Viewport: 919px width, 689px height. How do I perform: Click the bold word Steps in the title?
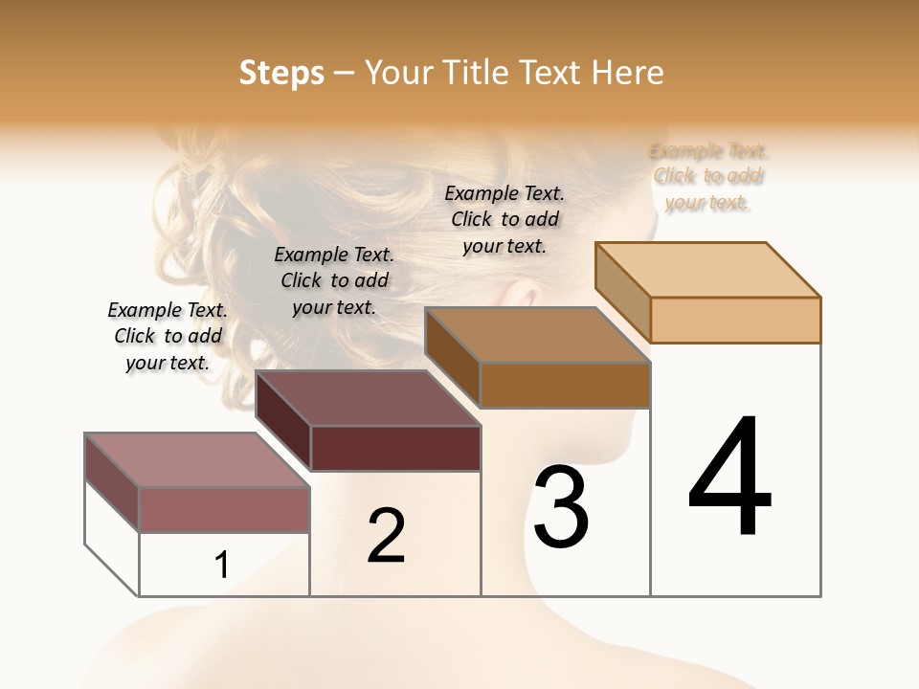point(281,73)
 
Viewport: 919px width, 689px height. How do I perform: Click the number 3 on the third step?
point(561,507)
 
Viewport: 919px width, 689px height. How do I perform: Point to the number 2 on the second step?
point(387,536)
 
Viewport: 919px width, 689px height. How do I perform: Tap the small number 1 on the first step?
point(222,566)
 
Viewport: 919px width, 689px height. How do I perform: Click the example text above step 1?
point(168,337)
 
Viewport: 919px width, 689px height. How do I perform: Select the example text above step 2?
point(334,281)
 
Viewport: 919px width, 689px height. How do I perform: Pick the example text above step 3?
point(504,220)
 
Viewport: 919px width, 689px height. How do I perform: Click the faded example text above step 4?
point(708,177)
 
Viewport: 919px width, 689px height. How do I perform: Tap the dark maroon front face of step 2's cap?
point(395,449)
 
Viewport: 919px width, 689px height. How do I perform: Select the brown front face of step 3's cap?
point(565,385)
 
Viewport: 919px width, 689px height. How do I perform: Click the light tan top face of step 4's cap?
point(708,269)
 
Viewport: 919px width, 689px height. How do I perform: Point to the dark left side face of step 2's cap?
point(283,421)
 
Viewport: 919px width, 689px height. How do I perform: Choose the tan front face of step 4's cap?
point(735,320)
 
